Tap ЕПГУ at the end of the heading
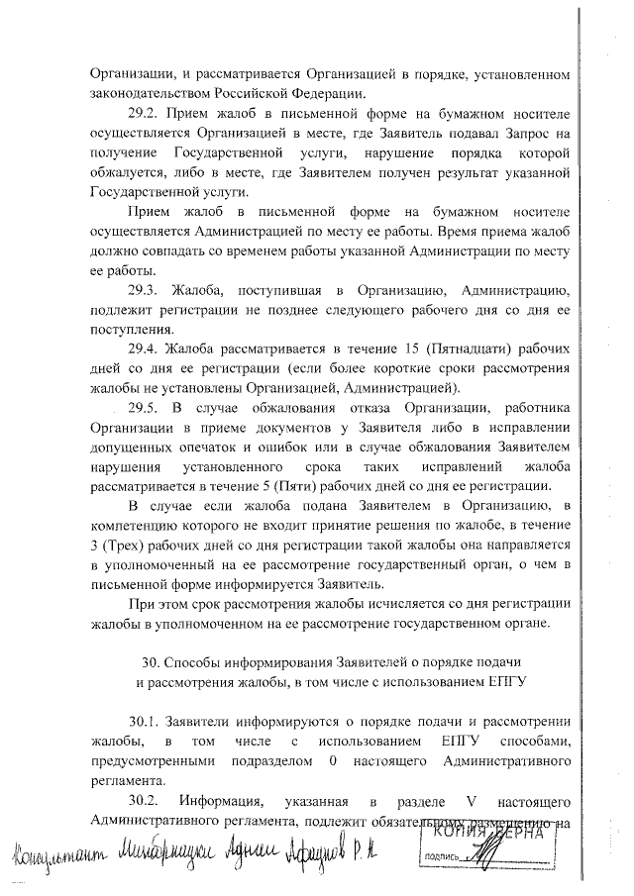click(x=504, y=681)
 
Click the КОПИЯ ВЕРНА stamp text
click(x=510, y=835)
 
